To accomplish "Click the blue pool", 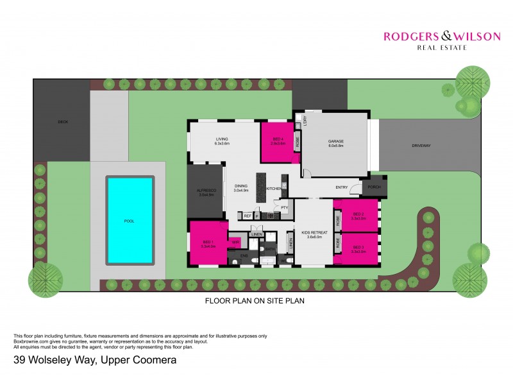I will pyautogui.click(x=130, y=220).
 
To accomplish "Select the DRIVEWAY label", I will pyautogui.click(x=421, y=146).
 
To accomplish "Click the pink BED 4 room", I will pyautogui.click(x=277, y=142).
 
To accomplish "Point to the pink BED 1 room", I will pyautogui.click(x=206, y=243).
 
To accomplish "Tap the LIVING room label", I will pyautogui.click(x=222, y=139).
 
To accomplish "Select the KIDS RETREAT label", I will pyautogui.click(x=314, y=233).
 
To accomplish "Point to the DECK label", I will pyautogui.click(x=62, y=121).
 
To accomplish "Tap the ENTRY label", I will pyautogui.click(x=342, y=187).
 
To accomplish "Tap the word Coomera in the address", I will pyautogui.click(x=153, y=361).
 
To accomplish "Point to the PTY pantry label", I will pyautogui.click(x=284, y=207).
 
